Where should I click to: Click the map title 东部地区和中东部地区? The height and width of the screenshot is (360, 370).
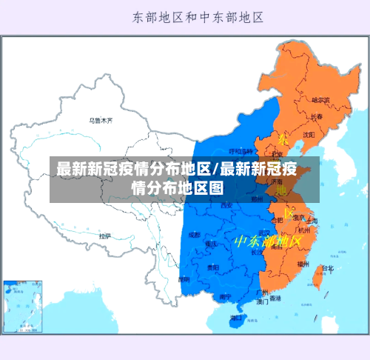[x=200, y=16]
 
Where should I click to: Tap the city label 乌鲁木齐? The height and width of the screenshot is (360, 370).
[x=101, y=119]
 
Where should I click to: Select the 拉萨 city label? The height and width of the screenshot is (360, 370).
[x=105, y=236]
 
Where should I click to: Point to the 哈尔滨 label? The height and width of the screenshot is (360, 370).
[x=320, y=99]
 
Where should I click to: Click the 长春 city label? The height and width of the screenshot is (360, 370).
[x=316, y=117]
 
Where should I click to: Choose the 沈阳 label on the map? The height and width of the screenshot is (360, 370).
[x=309, y=134]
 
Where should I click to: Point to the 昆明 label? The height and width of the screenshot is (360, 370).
[x=184, y=279]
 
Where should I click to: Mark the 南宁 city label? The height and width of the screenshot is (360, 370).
[x=225, y=297]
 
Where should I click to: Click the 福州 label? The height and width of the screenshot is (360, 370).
[x=303, y=263]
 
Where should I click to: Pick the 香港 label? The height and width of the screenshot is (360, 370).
[x=275, y=299]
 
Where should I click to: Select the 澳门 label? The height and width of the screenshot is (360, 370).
[x=263, y=302]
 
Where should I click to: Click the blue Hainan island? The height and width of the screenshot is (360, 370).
[x=236, y=319]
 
